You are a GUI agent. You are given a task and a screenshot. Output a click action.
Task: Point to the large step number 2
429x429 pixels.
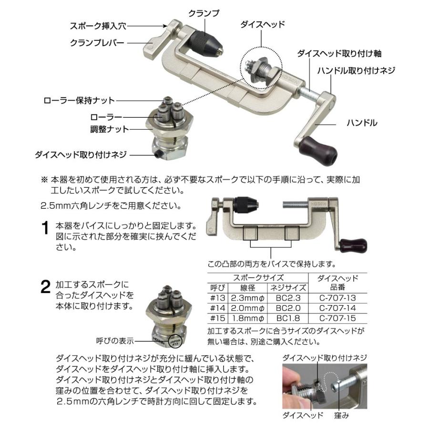click(45, 286)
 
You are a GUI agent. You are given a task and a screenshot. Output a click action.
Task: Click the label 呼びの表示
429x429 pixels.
click(114, 341)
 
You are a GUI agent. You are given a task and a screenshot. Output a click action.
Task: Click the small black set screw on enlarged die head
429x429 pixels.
click(157, 154)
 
